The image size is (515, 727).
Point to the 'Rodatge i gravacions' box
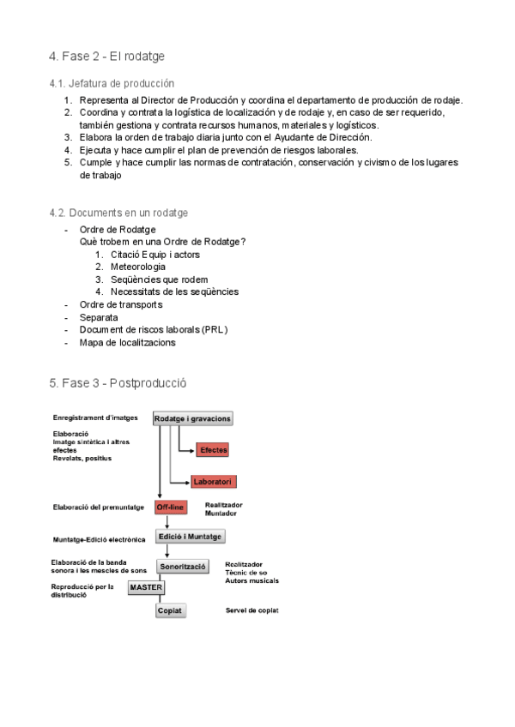click(193, 418)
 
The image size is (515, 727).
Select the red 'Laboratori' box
click(213, 482)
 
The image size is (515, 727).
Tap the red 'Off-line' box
click(171, 508)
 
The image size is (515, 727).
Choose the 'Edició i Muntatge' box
click(190, 537)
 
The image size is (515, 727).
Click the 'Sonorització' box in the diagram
click(183, 567)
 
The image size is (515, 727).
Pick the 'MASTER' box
click(145, 587)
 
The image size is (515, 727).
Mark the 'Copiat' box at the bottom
click(170, 610)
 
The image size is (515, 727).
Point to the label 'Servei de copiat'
click(251, 610)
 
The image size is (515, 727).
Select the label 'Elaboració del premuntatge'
click(98, 508)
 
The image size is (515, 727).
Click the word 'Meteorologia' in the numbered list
click(138, 267)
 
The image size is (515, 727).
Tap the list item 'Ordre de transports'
click(121, 304)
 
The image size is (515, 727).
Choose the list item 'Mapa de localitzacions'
click(127, 342)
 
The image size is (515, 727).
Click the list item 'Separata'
click(99, 317)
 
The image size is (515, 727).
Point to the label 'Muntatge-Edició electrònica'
click(99, 541)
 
